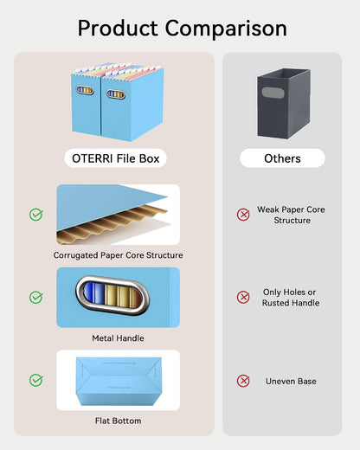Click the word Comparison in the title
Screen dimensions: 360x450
pos(226,29)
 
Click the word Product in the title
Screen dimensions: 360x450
pos(118,28)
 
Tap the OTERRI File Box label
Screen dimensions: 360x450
pos(116,158)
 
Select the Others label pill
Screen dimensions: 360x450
pos(282,158)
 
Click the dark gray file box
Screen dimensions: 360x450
pos(284,104)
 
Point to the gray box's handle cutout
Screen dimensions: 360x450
pos(273,93)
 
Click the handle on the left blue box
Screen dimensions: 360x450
pos(85,90)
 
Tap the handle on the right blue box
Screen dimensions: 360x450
pos(116,94)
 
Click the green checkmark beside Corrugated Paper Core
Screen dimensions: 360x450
pos(36,215)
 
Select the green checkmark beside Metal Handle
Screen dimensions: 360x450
pos(36,297)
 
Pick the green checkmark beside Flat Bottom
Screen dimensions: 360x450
pos(36,380)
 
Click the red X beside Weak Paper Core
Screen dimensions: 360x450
pos(243,215)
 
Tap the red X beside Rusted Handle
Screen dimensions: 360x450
pos(243,297)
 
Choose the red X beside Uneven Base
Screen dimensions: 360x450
pos(243,381)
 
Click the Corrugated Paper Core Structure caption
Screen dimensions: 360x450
pos(118,255)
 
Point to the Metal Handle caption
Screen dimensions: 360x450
pos(118,338)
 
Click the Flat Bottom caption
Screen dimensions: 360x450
pos(118,421)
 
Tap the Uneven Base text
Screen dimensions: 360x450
pos(291,382)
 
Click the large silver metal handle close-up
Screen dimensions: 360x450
pos(112,296)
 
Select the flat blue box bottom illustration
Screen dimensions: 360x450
pos(119,381)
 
